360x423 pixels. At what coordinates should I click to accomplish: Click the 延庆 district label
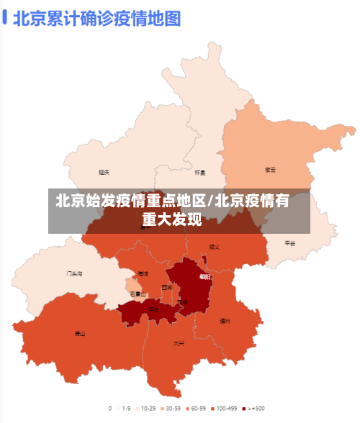click(x=104, y=172)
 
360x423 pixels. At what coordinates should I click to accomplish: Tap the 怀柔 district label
click(x=200, y=173)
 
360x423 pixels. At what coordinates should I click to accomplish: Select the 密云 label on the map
click(x=270, y=170)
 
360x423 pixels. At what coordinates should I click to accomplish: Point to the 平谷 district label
click(x=289, y=243)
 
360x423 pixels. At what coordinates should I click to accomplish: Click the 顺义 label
click(x=213, y=247)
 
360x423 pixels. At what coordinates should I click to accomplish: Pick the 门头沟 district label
click(x=74, y=273)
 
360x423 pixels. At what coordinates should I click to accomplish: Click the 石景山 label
click(x=138, y=294)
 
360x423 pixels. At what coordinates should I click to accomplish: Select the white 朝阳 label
click(x=205, y=276)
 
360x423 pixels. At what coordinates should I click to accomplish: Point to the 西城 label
click(x=167, y=287)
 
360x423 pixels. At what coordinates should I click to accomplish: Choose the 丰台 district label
click(x=153, y=309)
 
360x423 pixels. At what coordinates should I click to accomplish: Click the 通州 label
click(x=225, y=321)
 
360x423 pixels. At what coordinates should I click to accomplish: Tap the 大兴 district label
click(x=178, y=343)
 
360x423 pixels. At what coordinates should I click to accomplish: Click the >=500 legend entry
click(x=253, y=408)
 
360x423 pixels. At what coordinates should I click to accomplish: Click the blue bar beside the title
click(x=5, y=17)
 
